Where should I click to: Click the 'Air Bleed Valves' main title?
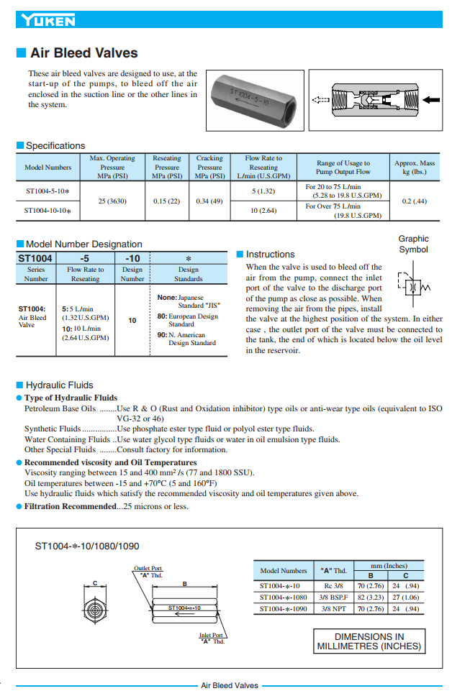(x=83, y=53)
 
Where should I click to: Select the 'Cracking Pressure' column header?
(x=209, y=167)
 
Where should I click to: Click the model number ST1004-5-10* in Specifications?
(x=48, y=191)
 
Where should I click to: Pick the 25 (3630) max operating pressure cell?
(x=112, y=201)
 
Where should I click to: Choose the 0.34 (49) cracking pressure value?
(x=209, y=201)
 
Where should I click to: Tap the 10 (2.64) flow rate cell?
(x=263, y=211)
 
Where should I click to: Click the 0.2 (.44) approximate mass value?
(x=414, y=201)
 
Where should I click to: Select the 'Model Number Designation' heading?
(x=83, y=244)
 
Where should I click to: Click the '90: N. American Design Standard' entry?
(x=187, y=339)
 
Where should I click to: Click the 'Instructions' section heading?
(x=270, y=255)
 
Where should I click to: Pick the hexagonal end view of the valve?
(x=95, y=609)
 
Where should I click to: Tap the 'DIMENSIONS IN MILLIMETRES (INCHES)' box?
(x=369, y=641)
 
